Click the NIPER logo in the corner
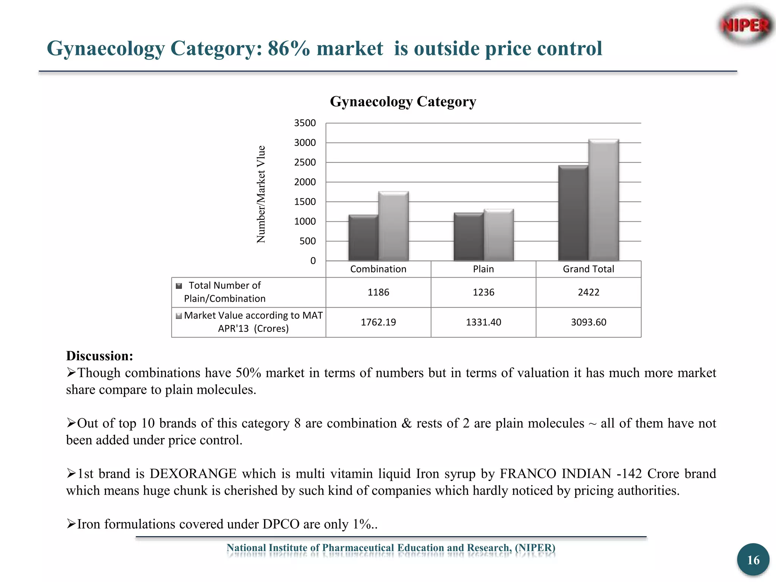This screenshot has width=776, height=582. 745,26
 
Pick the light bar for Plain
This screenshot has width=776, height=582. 499,235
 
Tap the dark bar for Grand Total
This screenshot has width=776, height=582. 573,213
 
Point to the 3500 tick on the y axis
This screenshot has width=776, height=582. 305,123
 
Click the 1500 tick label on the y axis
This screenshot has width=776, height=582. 305,202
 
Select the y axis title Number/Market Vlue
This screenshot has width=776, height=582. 261,194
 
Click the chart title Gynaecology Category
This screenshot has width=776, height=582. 403,102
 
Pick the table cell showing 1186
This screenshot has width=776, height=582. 378,292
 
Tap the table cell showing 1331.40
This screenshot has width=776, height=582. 483,322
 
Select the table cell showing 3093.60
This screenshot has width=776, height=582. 588,322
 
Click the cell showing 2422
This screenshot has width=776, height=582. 588,292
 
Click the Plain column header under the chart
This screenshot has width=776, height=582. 483,269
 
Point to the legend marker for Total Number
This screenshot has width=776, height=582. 179,286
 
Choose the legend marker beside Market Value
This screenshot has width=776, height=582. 179,316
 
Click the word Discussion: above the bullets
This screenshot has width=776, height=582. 100,356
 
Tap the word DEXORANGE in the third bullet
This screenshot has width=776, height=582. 193,474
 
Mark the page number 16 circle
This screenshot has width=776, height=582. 753,560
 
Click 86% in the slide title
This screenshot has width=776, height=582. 289,48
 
